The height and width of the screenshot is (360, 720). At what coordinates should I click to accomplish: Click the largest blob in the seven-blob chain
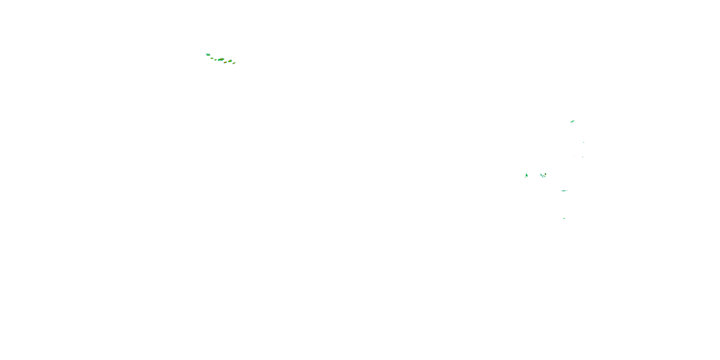point(221,60)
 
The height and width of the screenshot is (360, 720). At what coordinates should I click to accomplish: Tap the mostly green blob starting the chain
point(208,55)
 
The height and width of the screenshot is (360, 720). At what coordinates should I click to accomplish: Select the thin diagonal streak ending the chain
point(234,63)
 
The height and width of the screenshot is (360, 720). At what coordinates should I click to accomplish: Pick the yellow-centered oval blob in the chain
point(230,61)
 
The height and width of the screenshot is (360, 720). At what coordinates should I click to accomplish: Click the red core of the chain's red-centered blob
point(225,62)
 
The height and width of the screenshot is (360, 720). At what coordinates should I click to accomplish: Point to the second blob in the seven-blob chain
point(212,58)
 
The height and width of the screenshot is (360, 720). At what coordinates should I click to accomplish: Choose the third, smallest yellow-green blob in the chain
point(216,60)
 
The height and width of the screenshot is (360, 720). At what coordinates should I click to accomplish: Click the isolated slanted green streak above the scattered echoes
point(572,121)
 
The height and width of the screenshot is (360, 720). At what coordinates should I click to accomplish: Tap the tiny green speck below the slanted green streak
point(584,143)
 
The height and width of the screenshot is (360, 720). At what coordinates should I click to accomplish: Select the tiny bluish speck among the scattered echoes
point(583,157)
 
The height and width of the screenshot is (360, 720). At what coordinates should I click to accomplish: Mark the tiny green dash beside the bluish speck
point(574,156)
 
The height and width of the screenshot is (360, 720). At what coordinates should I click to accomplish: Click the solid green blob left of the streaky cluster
point(527,175)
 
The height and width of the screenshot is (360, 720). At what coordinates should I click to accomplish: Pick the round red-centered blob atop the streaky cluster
point(545,174)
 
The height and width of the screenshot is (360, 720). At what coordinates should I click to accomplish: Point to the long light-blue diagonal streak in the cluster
point(542,176)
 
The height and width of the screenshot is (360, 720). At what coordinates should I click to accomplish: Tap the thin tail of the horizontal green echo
point(567,191)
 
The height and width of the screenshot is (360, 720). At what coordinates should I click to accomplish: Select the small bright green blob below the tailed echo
point(564,218)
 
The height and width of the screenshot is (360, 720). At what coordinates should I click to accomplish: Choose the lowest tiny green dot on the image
point(581,224)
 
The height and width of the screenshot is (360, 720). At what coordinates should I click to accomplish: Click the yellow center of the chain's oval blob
point(230,61)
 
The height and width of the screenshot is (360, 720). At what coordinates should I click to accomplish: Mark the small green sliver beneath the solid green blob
point(525,177)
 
